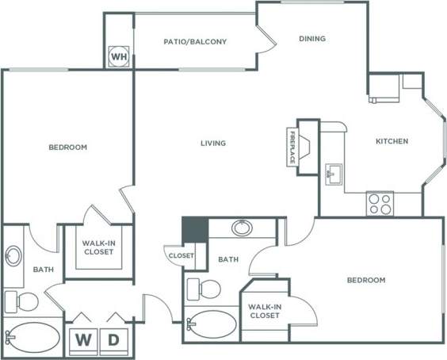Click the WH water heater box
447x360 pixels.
click(x=118, y=56)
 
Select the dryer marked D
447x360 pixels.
click(x=113, y=340)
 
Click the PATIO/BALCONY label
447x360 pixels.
click(x=196, y=42)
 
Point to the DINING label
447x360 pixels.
click(x=311, y=38)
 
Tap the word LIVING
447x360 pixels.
click(x=213, y=144)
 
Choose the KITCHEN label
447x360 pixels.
click(x=392, y=141)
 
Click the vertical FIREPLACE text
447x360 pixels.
click(x=292, y=147)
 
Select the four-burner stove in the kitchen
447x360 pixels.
click(x=380, y=204)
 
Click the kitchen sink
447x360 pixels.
click(x=332, y=171)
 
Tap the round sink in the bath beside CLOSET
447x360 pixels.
click(x=243, y=229)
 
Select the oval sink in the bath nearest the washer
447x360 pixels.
click(x=13, y=257)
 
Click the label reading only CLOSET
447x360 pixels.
click(x=180, y=255)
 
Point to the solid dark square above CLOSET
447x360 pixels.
click(x=194, y=229)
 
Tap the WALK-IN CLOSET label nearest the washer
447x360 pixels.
click(x=98, y=247)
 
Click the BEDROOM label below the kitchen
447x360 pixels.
click(x=366, y=280)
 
